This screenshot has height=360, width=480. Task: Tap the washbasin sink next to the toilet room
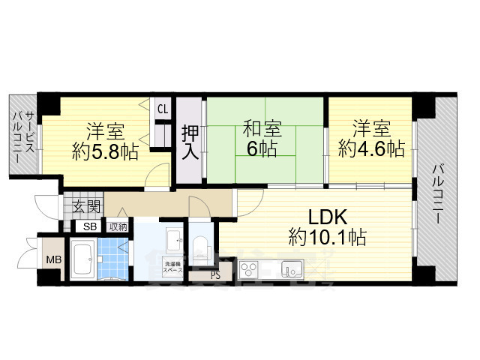click(x=172, y=241)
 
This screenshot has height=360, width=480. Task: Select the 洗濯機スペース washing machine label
click(x=172, y=265)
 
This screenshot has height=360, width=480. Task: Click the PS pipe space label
click(x=215, y=274)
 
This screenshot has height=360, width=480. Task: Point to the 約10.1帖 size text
click(x=328, y=238)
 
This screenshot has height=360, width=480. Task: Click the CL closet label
click(x=162, y=108)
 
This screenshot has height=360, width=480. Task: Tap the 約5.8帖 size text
click(x=105, y=151)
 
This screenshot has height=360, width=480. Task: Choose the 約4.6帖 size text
click(x=371, y=148)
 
